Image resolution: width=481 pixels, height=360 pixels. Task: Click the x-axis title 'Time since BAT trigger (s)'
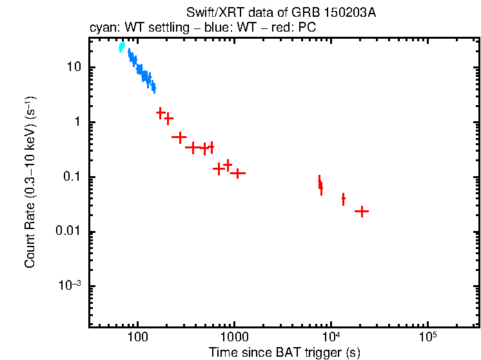click(x=284, y=352)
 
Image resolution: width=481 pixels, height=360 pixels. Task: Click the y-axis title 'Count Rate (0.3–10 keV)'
click(x=30, y=183)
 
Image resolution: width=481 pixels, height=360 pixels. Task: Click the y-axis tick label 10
click(x=73, y=68)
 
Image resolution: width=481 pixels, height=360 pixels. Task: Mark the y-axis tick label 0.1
click(x=71, y=177)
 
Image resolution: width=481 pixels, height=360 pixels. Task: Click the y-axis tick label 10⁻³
click(x=70, y=286)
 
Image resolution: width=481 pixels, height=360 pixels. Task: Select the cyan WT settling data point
click(x=121, y=46)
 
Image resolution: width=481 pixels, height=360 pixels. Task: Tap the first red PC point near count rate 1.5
click(x=161, y=113)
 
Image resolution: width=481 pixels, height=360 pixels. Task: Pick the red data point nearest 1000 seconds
click(x=238, y=173)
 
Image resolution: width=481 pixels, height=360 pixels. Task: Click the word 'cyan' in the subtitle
click(x=101, y=29)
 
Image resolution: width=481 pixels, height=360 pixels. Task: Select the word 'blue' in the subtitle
click(x=209, y=29)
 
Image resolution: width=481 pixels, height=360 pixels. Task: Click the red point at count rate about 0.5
click(x=179, y=137)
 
